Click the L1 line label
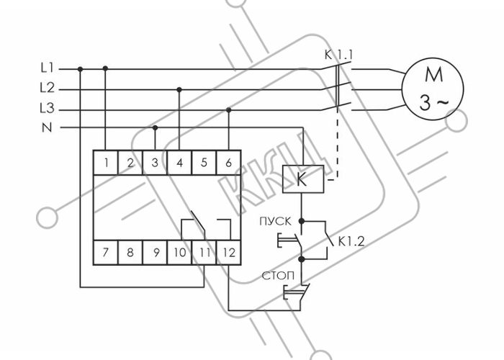48,68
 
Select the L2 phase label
48,88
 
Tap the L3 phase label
47,108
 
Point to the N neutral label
47,128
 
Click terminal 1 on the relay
106,163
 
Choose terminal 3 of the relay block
155,163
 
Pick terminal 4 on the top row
179,163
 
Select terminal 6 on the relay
228,163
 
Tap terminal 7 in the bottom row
105,252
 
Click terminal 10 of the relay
179,252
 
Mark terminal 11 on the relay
204,252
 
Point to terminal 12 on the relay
228,252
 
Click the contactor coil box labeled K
303,179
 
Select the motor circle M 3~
433,89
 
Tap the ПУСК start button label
276,221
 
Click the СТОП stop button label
278,276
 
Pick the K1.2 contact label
351,241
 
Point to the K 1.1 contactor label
338,55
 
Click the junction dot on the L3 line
228,110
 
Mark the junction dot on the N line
155,128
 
